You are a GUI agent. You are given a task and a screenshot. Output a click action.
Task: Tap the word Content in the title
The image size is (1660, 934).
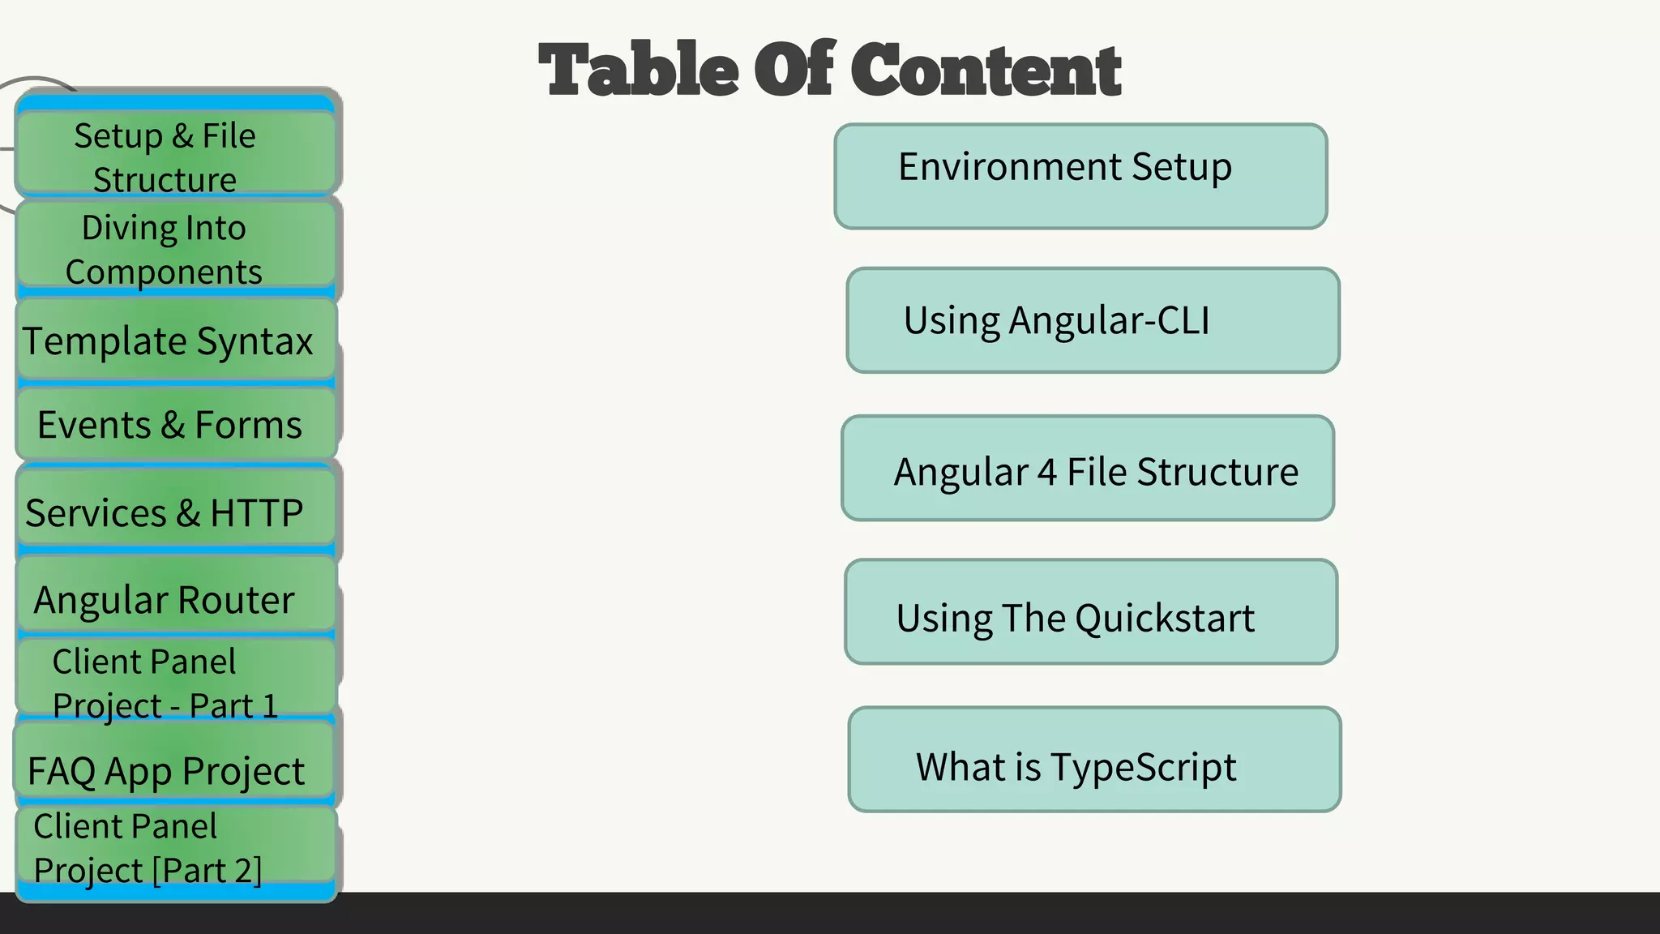coord(986,70)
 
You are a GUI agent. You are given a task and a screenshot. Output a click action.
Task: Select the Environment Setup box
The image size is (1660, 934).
coord(1080,176)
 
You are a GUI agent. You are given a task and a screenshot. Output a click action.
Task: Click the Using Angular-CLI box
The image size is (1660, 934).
coord(1093,320)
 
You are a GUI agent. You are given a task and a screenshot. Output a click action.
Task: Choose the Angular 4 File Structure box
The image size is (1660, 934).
coord(1088,469)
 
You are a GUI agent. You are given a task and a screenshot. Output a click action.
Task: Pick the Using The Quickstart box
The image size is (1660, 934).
coord(1091,612)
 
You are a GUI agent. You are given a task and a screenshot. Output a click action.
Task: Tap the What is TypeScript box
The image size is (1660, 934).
coord(1094,760)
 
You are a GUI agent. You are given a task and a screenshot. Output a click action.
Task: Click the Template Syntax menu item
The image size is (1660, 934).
coord(175,341)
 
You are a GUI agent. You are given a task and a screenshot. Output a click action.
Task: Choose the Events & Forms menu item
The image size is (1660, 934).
coord(175,425)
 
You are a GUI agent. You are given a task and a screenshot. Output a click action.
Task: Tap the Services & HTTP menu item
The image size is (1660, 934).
coord(175,512)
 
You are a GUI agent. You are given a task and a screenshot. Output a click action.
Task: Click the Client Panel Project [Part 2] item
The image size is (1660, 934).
coord(175,846)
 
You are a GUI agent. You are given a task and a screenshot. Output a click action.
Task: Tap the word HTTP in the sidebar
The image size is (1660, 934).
coord(256,513)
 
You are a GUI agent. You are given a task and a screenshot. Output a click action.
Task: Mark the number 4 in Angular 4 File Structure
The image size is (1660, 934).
coord(1047,472)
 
